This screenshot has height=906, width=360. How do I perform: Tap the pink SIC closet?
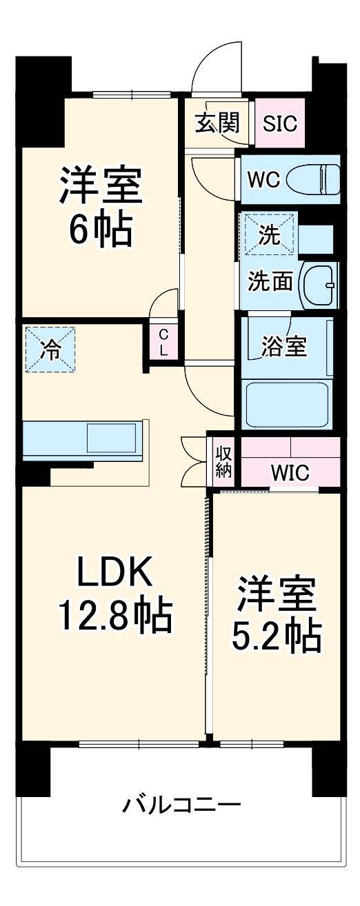[x=280, y=123]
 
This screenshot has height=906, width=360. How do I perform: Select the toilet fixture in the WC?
[x=314, y=180]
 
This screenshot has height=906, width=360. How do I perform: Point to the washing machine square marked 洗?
[x=268, y=234]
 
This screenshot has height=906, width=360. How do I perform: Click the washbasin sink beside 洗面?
[x=320, y=285]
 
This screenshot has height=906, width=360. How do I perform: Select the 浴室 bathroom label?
[x=283, y=347]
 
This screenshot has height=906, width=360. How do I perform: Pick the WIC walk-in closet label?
[x=290, y=473]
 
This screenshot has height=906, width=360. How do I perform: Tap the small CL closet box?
[x=163, y=341]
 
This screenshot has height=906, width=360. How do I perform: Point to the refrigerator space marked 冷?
[x=50, y=350]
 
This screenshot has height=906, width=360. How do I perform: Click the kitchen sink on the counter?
[x=110, y=439]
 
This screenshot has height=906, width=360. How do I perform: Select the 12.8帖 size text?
[x=114, y=615]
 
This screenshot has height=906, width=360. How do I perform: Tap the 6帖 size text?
[x=101, y=231]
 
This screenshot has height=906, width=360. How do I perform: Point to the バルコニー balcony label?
[x=183, y=805]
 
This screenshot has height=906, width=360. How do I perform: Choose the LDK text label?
[x=112, y=572]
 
